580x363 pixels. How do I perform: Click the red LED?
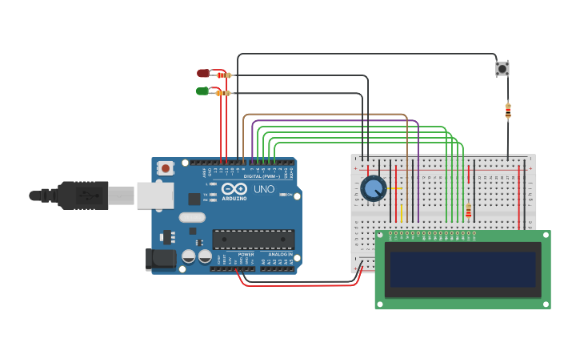click(x=203, y=73)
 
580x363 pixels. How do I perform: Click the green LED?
click(x=202, y=91)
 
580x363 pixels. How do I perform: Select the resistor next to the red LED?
click(x=224, y=75)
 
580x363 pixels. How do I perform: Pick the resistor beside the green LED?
click(x=223, y=93)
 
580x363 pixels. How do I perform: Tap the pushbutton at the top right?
click(x=502, y=69)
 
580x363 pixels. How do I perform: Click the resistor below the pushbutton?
click(x=508, y=111)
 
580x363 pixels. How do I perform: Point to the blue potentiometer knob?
click(x=373, y=189)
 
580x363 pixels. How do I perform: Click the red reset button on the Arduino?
click(x=166, y=168)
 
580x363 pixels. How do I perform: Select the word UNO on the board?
click(x=264, y=189)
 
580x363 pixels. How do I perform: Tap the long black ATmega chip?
click(x=253, y=239)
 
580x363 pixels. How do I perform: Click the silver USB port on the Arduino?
click(x=155, y=195)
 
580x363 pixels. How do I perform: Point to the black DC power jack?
click(x=160, y=259)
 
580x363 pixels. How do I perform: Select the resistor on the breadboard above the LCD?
click(x=468, y=211)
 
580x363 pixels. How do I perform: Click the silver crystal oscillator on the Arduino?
click(x=192, y=217)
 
